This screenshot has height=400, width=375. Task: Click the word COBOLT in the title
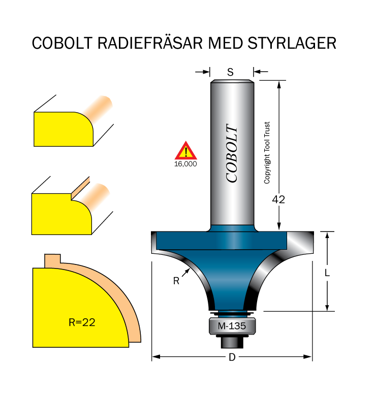[62, 43]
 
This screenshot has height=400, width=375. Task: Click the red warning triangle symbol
[185, 151]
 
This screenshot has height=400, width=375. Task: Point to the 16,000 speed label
[185, 164]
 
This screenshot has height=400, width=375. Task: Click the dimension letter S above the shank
[230, 73]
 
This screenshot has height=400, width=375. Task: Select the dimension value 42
[278, 199]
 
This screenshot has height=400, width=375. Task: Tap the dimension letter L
[327, 273]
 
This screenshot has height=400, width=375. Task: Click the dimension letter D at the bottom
[232, 357]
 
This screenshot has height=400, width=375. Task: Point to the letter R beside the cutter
[176, 281]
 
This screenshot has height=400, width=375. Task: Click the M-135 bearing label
[232, 326]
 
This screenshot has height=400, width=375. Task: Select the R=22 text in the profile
[82, 322]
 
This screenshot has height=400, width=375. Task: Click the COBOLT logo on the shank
[232, 153]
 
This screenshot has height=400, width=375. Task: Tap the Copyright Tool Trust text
[267, 153]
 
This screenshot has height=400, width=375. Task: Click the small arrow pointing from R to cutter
[186, 272]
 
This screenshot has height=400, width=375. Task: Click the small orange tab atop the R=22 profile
[52, 261]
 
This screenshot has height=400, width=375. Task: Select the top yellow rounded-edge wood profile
[64, 129]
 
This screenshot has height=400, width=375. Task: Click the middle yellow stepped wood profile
[61, 214]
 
